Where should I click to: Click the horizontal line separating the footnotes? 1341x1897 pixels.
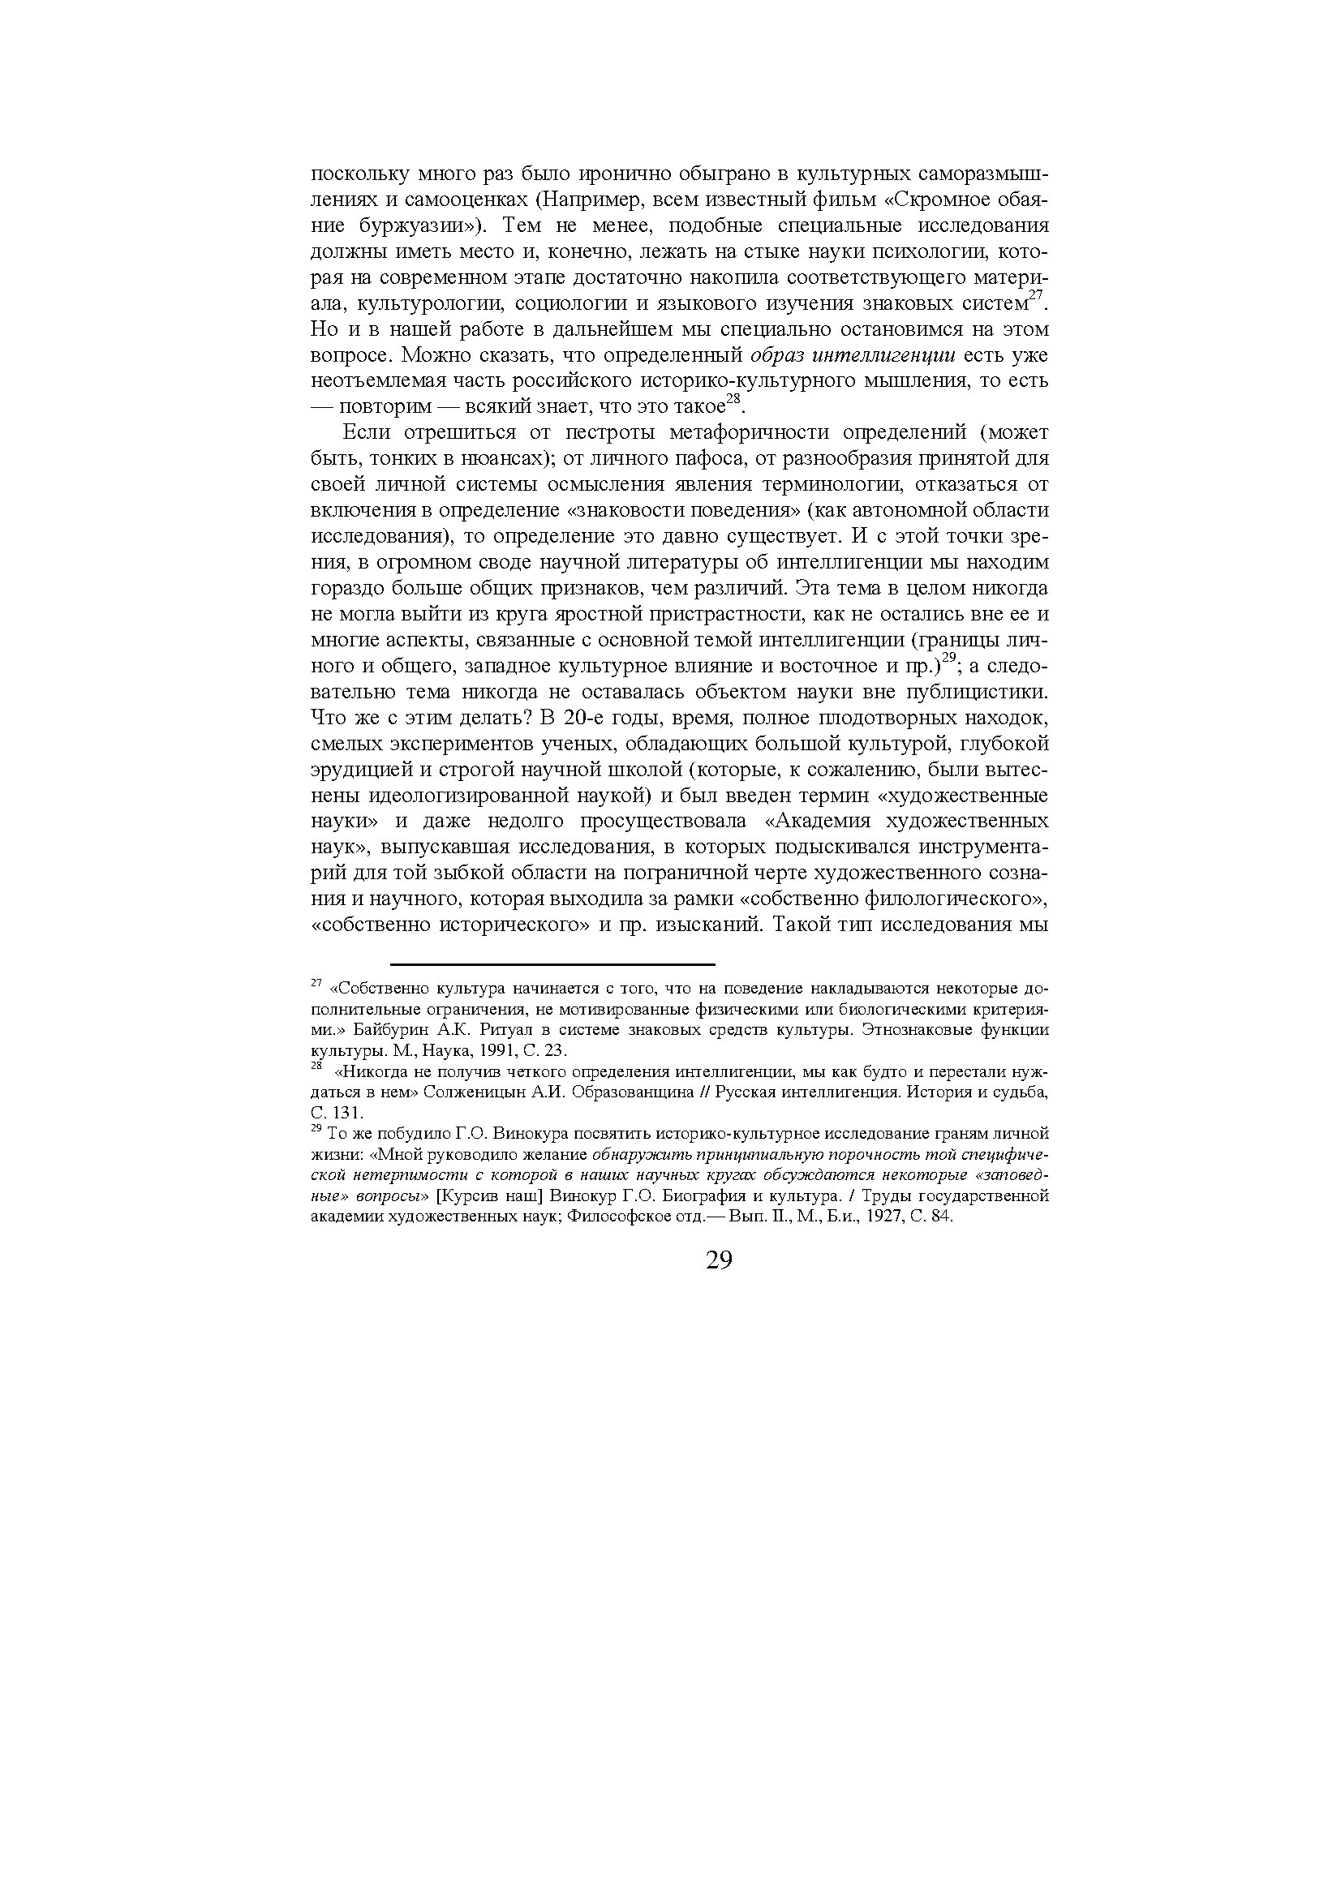(x=552, y=964)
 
